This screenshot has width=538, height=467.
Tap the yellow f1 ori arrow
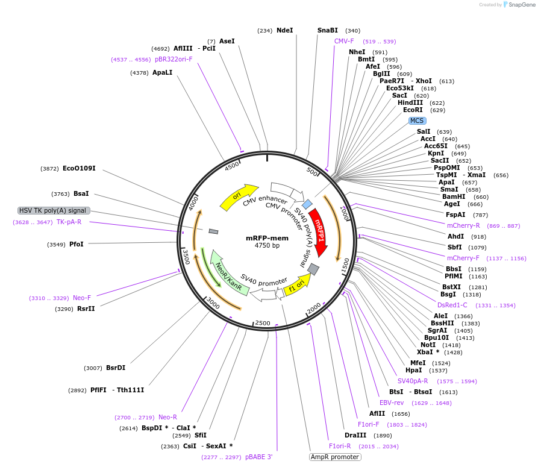tap(295, 283)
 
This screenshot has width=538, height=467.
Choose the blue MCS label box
tap(417, 121)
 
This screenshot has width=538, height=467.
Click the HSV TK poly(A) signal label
tap(54, 210)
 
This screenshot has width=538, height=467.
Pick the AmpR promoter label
tap(335, 457)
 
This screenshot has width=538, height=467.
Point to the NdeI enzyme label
tap(284, 30)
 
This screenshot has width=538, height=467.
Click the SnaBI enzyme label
tap(328, 30)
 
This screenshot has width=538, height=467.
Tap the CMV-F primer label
tap(344, 41)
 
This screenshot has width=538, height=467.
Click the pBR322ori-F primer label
tap(174, 59)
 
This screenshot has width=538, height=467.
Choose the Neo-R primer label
tap(167, 417)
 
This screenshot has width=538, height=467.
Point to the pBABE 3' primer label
tap(258, 457)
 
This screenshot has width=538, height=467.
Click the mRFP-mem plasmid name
tap(267, 237)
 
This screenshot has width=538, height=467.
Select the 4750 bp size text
tap(267, 246)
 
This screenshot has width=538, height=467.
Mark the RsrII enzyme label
tap(86, 309)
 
